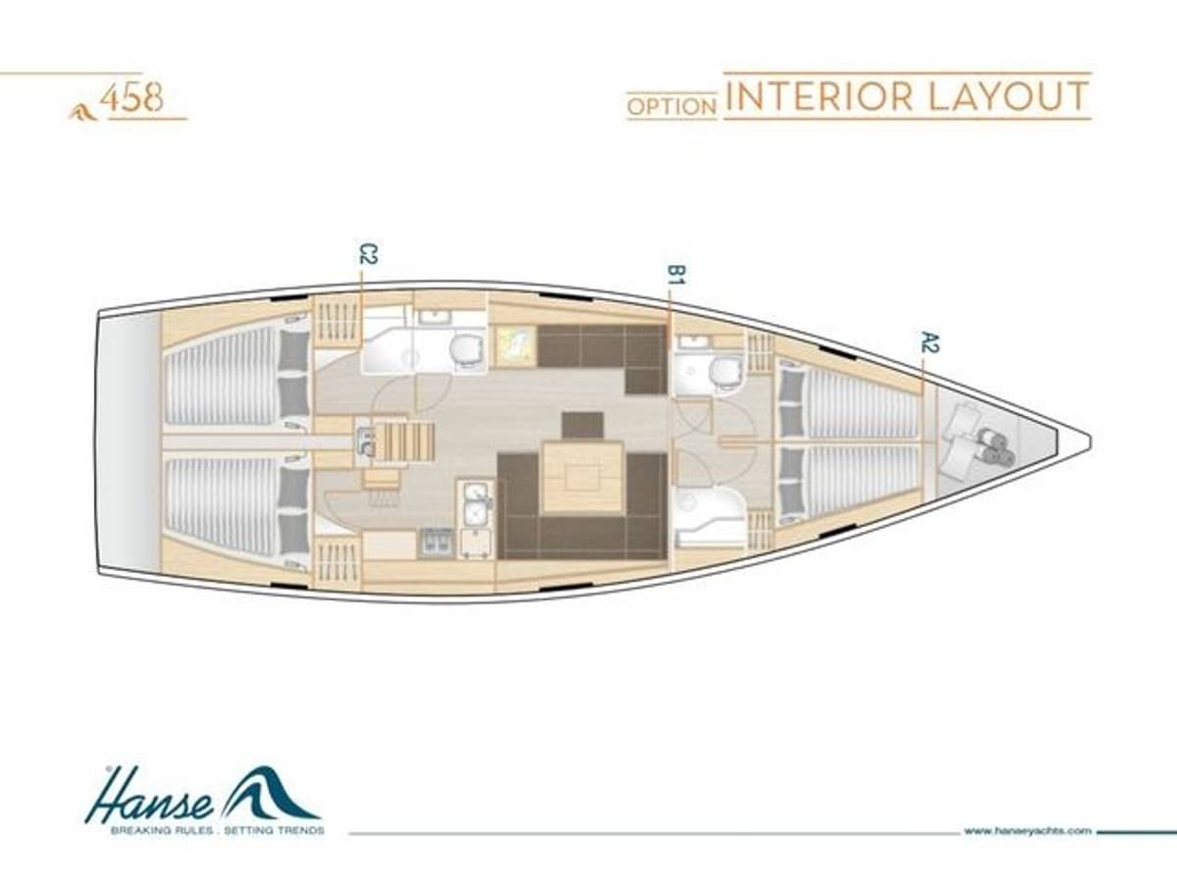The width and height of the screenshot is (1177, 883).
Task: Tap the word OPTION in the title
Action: (x=672, y=107)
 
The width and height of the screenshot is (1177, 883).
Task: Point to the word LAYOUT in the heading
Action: (x=1008, y=96)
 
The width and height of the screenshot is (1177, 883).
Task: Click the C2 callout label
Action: (x=369, y=253)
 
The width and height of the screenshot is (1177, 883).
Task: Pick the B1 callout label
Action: (x=676, y=274)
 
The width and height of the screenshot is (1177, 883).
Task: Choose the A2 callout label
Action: (x=929, y=342)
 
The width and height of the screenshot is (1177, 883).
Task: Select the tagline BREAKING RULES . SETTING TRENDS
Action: (x=217, y=846)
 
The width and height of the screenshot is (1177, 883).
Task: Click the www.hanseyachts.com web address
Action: (x=1027, y=846)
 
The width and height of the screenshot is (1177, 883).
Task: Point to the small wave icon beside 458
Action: (x=83, y=113)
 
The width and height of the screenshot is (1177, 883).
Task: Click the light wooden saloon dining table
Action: (x=583, y=476)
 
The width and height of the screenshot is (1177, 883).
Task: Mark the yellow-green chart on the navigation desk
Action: (x=514, y=345)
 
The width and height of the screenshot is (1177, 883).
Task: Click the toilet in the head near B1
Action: (x=726, y=372)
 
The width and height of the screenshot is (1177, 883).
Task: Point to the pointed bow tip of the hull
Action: (x=1089, y=441)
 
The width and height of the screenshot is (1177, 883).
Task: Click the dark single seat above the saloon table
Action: (x=583, y=426)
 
